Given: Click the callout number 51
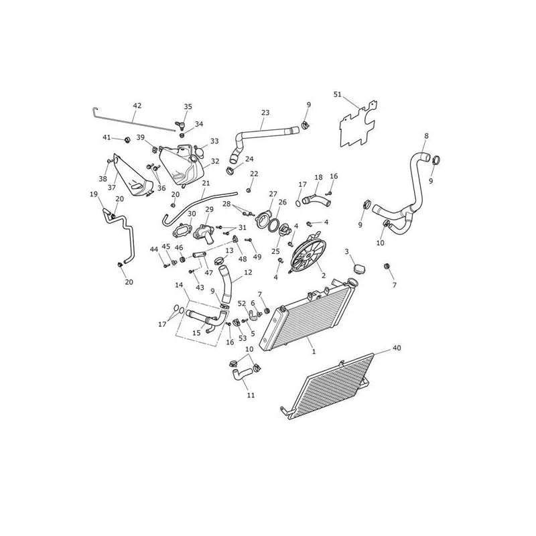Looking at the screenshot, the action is [x=338, y=94].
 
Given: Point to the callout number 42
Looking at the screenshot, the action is [x=137, y=106].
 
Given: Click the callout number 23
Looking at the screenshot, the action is [x=265, y=113].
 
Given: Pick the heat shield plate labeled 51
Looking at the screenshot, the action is [x=358, y=124].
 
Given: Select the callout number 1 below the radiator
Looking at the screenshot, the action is [x=314, y=351].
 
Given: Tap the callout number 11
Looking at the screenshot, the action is [x=251, y=395].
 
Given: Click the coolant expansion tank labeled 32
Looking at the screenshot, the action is [x=181, y=165].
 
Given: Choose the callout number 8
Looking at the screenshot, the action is [x=426, y=136].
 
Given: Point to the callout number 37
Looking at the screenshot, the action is [x=112, y=188].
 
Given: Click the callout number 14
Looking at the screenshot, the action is [x=179, y=285].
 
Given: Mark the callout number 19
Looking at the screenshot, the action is [x=94, y=194].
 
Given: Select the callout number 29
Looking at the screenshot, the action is [x=209, y=209].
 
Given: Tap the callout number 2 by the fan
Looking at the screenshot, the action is [x=323, y=275].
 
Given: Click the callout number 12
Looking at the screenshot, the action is [x=248, y=272].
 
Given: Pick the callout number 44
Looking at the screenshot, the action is [x=154, y=249].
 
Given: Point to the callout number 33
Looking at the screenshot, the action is [x=214, y=141].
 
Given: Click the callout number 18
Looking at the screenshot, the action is [x=319, y=177].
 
